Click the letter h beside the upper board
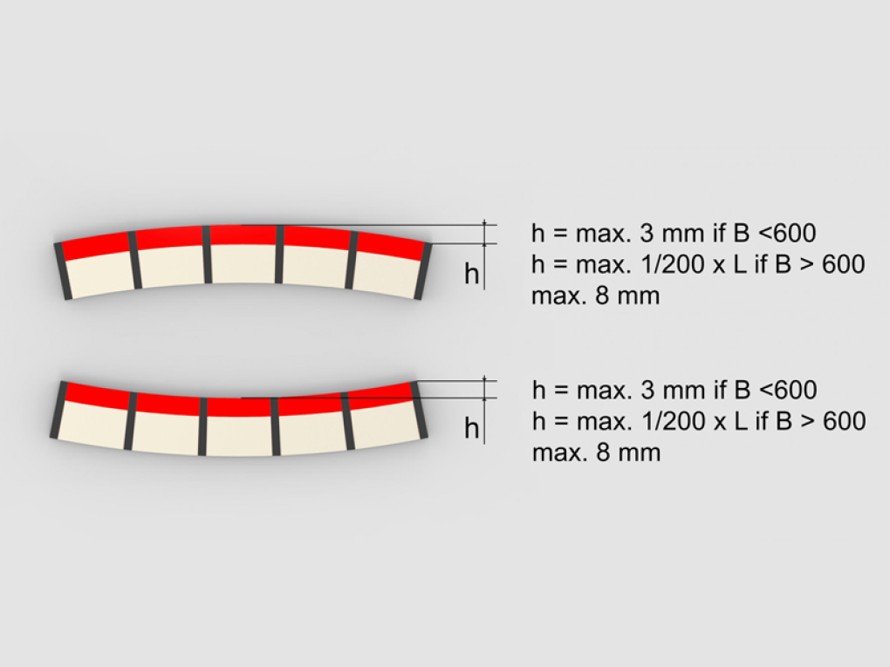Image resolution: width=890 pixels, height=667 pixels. pyautogui.click(x=472, y=274)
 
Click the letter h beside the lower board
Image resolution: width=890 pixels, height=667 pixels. pyautogui.click(x=472, y=428)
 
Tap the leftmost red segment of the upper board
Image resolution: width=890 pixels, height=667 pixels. pyautogui.click(x=95, y=246)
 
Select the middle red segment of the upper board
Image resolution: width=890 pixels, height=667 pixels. pyautogui.click(x=243, y=235)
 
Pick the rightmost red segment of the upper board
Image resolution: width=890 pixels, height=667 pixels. pyautogui.click(x=391, y=246)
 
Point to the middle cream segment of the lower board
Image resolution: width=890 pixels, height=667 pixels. pyautogui.click(x=240, y=436)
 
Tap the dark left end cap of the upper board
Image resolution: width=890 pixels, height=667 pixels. pyautogui.click(x=63, y=271)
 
